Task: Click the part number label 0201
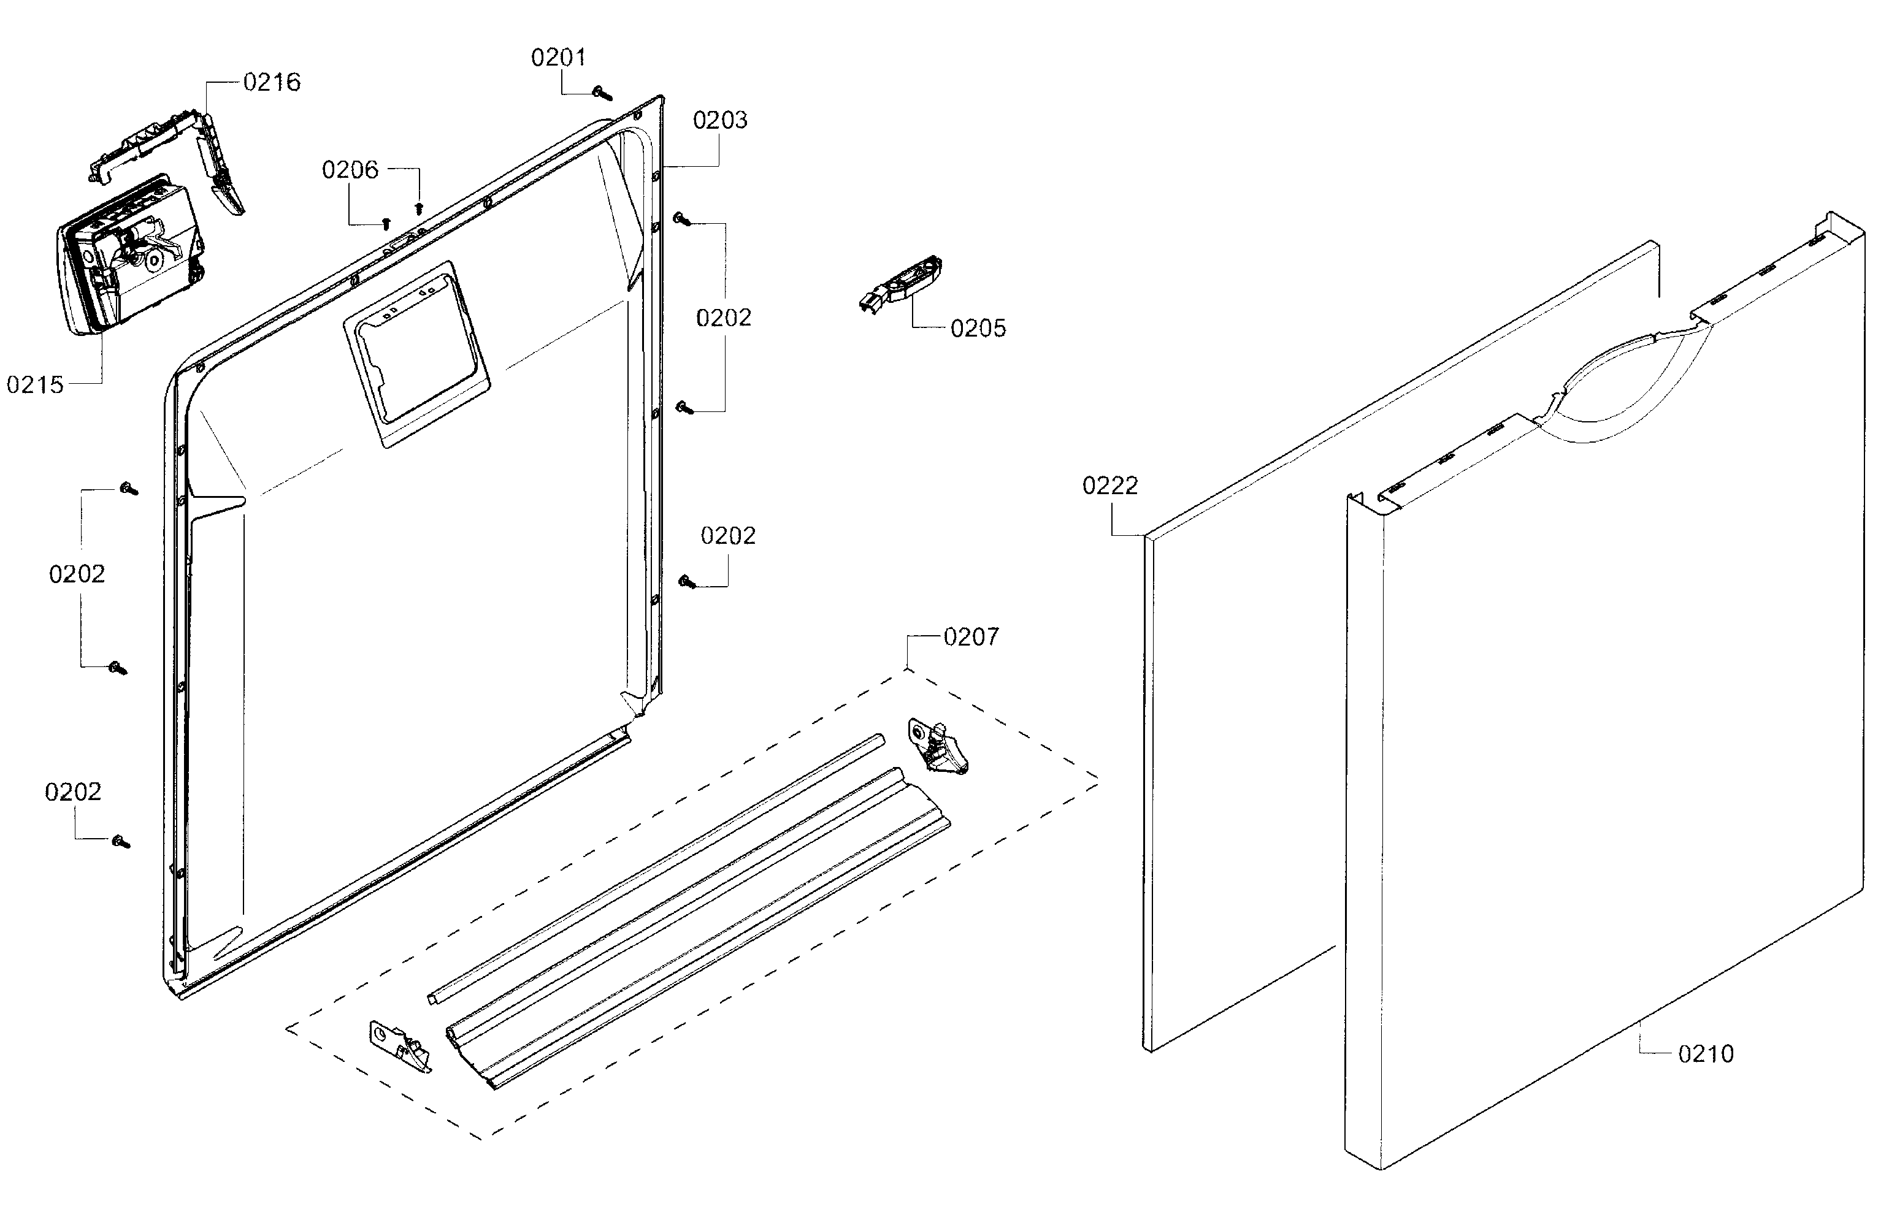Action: (x=558, y=58)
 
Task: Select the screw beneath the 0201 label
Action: (x=602, y=93)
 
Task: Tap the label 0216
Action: (x=272, y=82)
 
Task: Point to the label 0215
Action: (x=35, y=385)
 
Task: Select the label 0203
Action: (x=719, y=120)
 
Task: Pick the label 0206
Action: (x=350, y=170)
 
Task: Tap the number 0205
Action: (x=978, y=329)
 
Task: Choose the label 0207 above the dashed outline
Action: (x=971, y=637)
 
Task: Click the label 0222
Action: (x=1109, y=485)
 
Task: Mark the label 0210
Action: (x=1706, y=1053)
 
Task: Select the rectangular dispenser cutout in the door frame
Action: (x=416, y=353)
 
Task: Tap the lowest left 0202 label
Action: (x=73, y=792)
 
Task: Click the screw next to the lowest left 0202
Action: (x=121, y=842)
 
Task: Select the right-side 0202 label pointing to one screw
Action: (x=728, y=536)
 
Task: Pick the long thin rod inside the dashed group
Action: (x=656, y=869)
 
